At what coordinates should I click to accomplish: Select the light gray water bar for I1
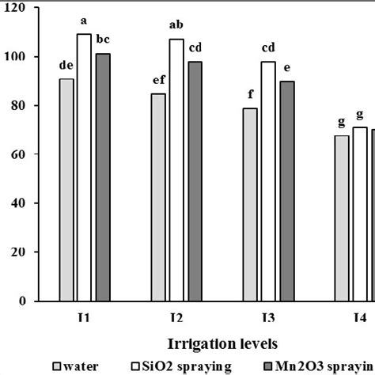[66, 190]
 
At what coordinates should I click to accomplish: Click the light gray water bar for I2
[158, 198]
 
